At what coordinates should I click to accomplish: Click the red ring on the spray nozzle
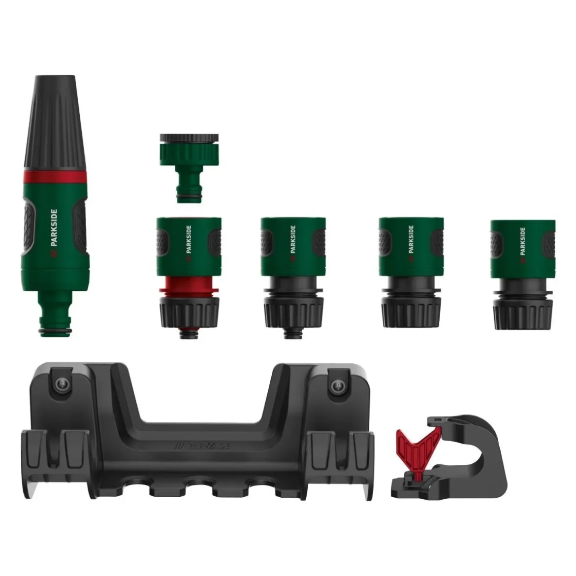[x=56, y=177]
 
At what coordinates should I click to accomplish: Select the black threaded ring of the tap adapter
[x=189, y=139]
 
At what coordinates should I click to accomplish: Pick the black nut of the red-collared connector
[x=190, y=312]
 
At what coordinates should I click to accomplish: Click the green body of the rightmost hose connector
[x=523, y=249]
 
